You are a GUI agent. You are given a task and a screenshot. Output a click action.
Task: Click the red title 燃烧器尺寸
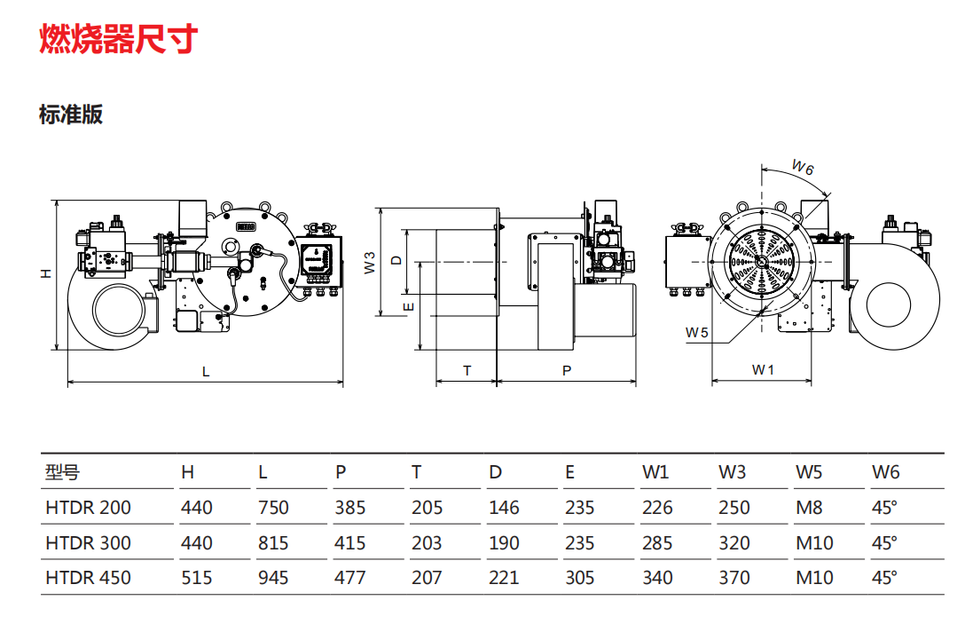tap(118, 39)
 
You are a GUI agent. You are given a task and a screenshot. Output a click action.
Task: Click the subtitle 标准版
tap(71, 115)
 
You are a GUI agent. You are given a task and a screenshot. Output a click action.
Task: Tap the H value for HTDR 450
tap(196, 578)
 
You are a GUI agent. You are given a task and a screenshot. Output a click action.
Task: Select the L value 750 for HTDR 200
tap(273, 508)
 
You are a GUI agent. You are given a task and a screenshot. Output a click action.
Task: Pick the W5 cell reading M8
tap(809, 508)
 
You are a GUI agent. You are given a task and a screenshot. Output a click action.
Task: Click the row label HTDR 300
tap(88, 543)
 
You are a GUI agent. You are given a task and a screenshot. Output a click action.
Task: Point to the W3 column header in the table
tap(732, 471)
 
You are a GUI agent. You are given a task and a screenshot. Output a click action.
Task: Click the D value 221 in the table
tap(504, 578)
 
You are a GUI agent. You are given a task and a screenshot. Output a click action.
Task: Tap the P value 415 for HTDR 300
tap(350, 543)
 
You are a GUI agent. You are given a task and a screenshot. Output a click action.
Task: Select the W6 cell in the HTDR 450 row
tap(884, 578)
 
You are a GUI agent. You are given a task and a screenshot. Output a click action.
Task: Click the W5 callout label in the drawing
tap(697, 333)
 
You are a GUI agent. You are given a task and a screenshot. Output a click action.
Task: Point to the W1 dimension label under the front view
tap(763, 369)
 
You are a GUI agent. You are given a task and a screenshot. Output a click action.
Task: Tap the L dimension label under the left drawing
tap(206, 372)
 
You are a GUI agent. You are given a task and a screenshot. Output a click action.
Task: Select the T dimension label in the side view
tap(467, 371)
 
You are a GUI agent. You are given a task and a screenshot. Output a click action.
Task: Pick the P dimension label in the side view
tap(567, 371)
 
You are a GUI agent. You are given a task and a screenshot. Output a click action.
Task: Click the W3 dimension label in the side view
tap(370, 263)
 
